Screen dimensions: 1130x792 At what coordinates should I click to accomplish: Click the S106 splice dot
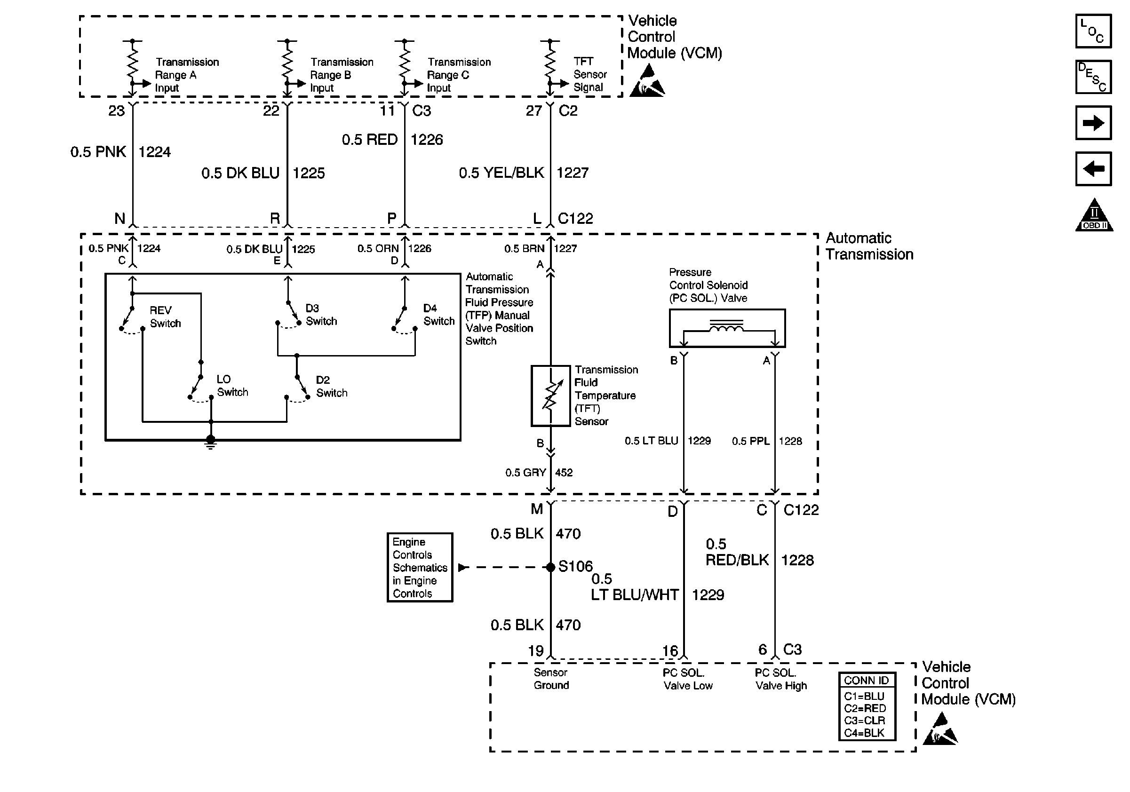551,567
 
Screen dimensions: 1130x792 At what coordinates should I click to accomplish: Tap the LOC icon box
1093,32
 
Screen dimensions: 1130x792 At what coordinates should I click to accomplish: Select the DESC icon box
1093,77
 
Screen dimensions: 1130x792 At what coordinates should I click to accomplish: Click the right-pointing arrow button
1093,122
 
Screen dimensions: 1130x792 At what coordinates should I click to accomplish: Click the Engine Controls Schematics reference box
420,567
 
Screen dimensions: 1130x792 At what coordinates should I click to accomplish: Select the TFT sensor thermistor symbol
550,396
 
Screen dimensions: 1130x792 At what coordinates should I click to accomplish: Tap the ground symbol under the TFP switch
211,442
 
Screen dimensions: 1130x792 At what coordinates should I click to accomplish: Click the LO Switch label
232,386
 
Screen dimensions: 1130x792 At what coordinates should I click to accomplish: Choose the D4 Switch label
439,315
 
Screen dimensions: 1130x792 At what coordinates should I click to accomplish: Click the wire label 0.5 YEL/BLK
501,173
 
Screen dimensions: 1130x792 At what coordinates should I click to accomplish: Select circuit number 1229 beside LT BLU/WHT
708,595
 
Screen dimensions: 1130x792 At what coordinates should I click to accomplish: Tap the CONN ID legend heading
866,681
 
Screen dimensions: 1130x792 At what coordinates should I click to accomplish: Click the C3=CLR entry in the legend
864,720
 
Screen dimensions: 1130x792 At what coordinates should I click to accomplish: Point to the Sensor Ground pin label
551,679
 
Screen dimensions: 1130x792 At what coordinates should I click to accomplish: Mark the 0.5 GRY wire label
525,473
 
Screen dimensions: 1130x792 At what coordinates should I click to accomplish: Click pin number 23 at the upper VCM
117,111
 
